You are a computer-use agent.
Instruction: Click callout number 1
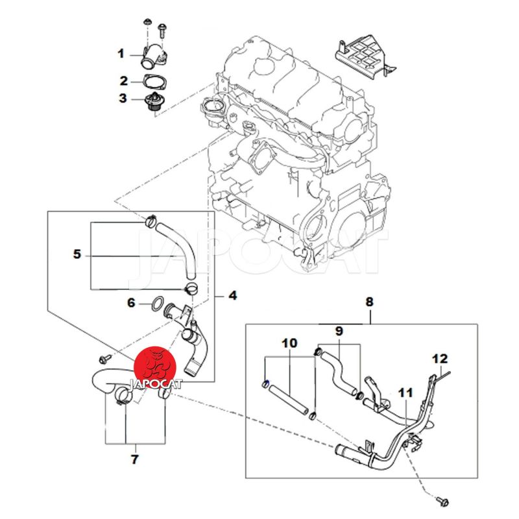121,53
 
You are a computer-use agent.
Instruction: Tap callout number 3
123,99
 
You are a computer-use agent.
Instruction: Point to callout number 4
232,296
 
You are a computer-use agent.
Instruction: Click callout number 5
77,254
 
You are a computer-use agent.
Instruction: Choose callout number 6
130,302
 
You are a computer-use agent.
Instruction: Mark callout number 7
135,460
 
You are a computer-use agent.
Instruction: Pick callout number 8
370,302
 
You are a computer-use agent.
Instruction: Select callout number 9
339,332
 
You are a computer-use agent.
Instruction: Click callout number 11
405,393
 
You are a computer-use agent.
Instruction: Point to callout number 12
441,358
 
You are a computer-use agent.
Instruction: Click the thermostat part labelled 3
152,104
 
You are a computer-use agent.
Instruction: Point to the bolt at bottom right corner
444,500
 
